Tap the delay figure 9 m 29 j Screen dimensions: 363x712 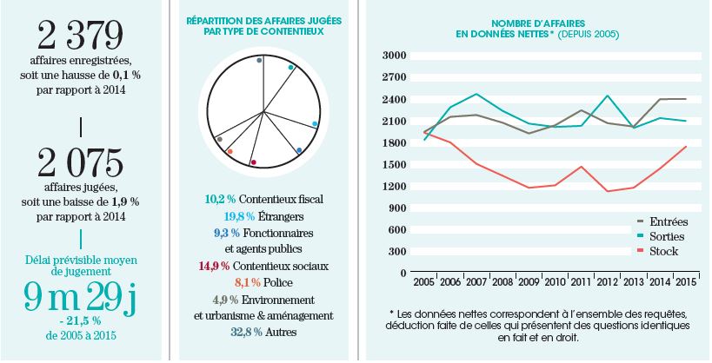click(81, 298)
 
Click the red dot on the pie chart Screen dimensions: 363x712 click(253, 162)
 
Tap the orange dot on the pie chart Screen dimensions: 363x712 click(230, 151)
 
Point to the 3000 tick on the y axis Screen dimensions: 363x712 click(395, 55)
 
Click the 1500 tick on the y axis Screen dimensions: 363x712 click(395, 164)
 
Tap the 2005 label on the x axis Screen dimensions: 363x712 click(424, 284)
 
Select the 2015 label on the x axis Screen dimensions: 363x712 click(686, 284)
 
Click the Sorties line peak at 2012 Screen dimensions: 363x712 click(607, 96)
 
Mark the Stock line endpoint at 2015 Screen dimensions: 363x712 click(686, 146)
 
